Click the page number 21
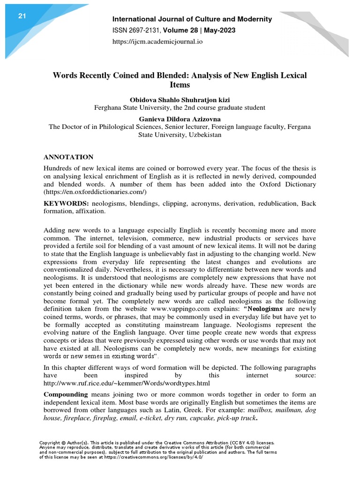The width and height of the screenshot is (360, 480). [22, 16]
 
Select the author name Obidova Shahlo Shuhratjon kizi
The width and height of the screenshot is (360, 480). [180, 99]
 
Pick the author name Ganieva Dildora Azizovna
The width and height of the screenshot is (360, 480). [180, 119]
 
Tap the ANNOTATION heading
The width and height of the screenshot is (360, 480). [68, 157]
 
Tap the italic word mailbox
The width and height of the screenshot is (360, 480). [263, 411]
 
